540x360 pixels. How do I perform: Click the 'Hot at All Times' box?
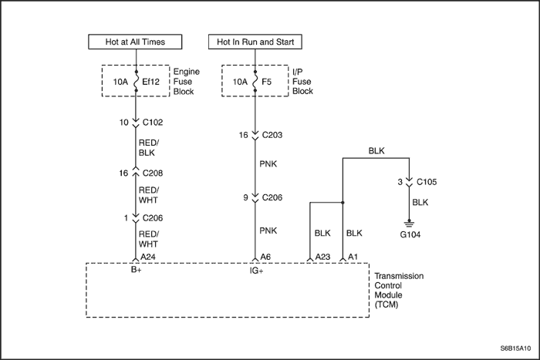[136, 41]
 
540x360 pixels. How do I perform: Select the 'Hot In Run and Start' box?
[255, 41]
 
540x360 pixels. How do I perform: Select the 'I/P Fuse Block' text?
[303, 81]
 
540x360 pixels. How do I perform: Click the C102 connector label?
[154, 122]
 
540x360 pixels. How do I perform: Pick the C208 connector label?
[154, 174]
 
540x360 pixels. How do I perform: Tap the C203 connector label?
[272, 134]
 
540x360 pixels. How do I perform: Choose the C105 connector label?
[427, 182]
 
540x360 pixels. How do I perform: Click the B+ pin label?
[136, 271]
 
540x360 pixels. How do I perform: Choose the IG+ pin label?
[255, 271]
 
